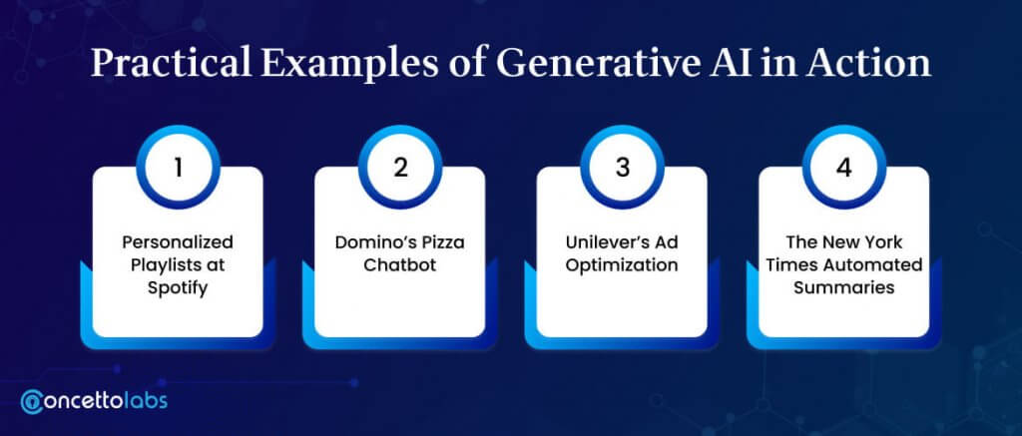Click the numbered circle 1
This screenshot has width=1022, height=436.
point(178,168)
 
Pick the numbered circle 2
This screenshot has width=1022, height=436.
point(400,168)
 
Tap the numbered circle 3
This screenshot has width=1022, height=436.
point(622,168)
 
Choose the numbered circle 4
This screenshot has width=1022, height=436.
point(844,168)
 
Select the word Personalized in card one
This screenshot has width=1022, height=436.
point(178,243)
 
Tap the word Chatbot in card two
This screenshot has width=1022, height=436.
point(400,266)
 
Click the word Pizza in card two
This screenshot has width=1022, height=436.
point(442,243)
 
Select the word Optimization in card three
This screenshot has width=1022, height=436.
point(622,266)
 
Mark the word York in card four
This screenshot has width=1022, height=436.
point(884,242)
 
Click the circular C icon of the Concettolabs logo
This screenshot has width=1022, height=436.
point(31,402)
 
